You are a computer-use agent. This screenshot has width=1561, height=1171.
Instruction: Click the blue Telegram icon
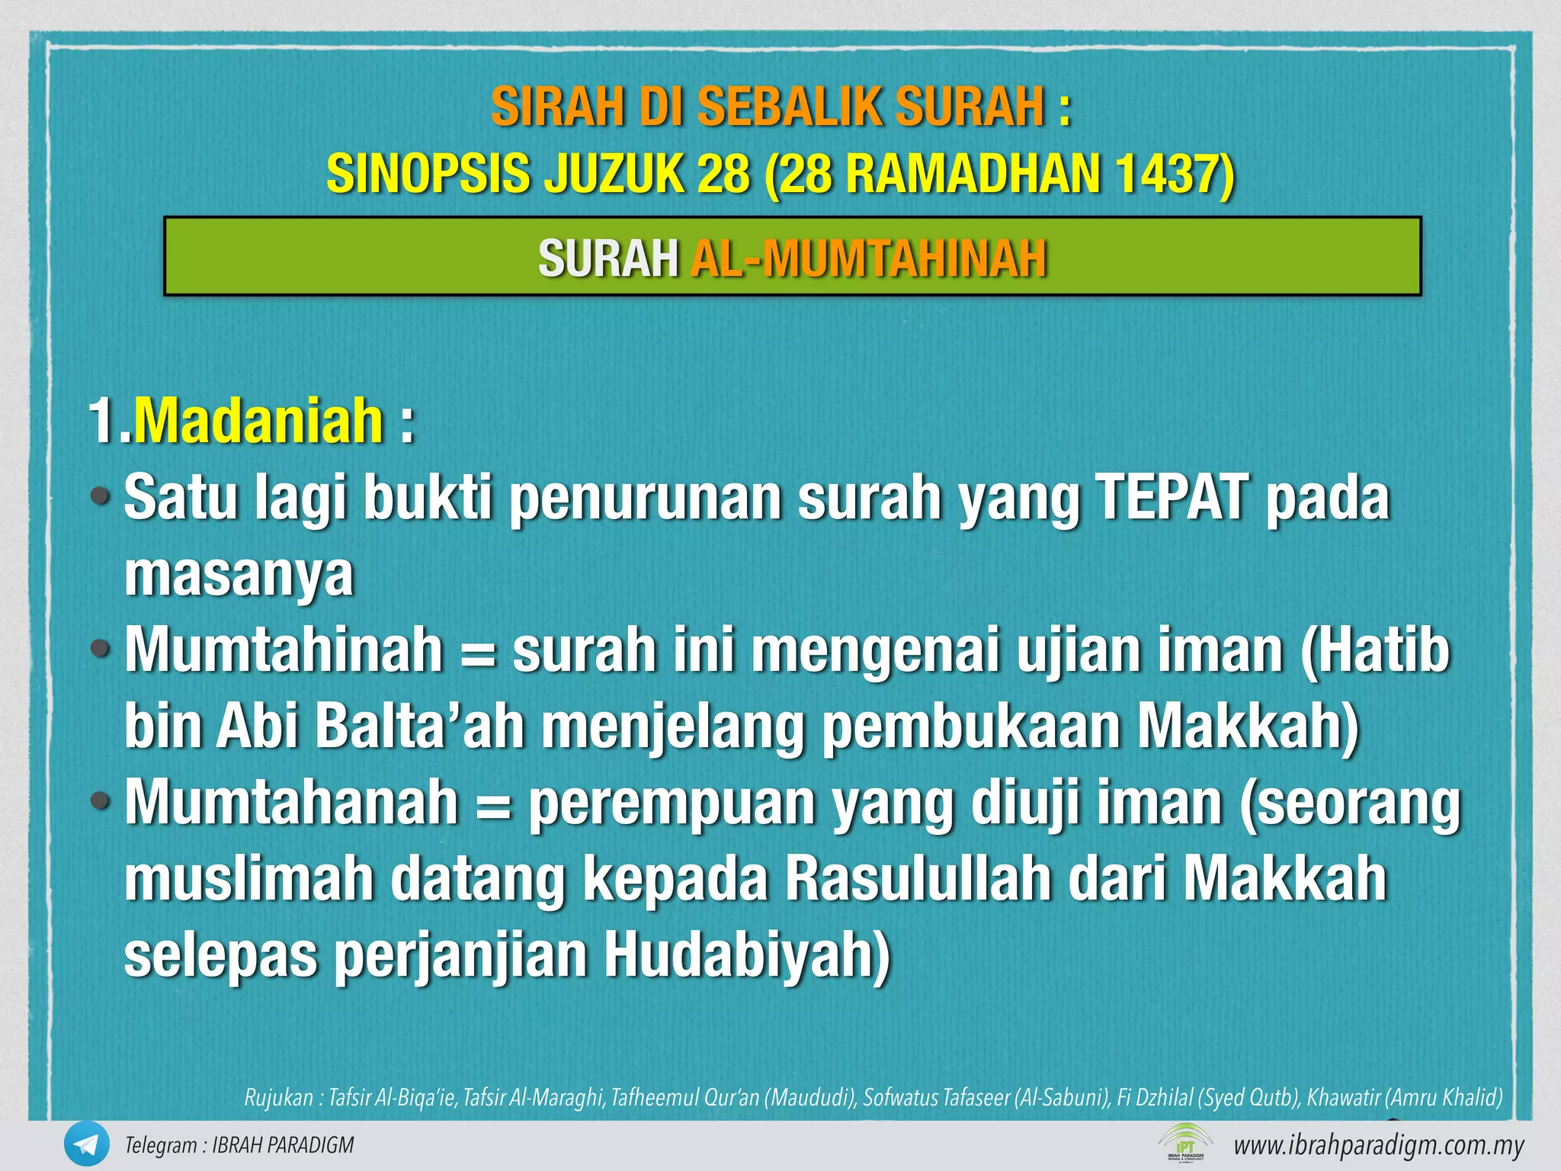coord(86,1144)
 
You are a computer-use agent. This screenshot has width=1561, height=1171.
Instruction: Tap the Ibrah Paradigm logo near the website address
coord(1185,1143)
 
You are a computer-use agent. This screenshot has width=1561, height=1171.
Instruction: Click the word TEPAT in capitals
coord(1170,497)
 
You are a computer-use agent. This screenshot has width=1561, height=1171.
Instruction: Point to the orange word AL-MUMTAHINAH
coord(868,258)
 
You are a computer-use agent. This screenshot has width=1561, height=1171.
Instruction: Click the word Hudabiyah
coord(747,954)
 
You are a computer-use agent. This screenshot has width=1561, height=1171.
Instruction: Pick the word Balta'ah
coord(419,726)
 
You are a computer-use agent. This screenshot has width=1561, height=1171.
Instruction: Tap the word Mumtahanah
coord(291,802)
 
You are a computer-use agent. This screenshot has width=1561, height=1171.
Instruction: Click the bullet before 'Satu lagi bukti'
coord(101,497)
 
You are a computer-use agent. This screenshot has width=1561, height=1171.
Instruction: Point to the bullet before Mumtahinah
coord(101,650)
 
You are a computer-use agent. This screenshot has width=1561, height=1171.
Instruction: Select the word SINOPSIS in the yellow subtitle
coord(428,174)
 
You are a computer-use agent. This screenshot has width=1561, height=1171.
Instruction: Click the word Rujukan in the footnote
coord(279,1098)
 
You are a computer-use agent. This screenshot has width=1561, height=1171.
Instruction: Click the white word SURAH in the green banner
coord(607,258)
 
